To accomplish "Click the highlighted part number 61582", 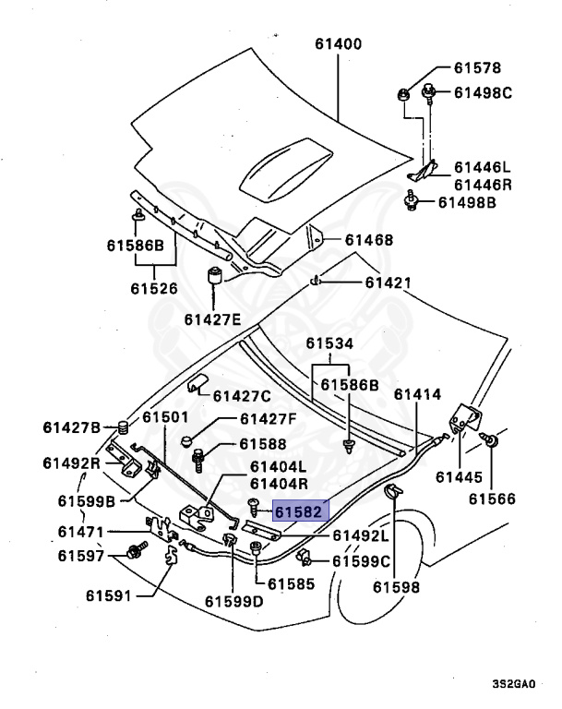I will click(298, 511).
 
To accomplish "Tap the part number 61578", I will click(477, 67).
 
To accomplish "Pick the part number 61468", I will click(369, 240).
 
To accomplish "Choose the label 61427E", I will click(212, 319).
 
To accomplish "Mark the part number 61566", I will click(491, 499).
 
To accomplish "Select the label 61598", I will click(397, 586).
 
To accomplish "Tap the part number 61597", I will click(81, 555).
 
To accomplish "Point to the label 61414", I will click(418, 394).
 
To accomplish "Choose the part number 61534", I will click(330, 343).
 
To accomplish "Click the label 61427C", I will click(242, 396).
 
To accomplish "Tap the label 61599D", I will click(233, 601).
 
